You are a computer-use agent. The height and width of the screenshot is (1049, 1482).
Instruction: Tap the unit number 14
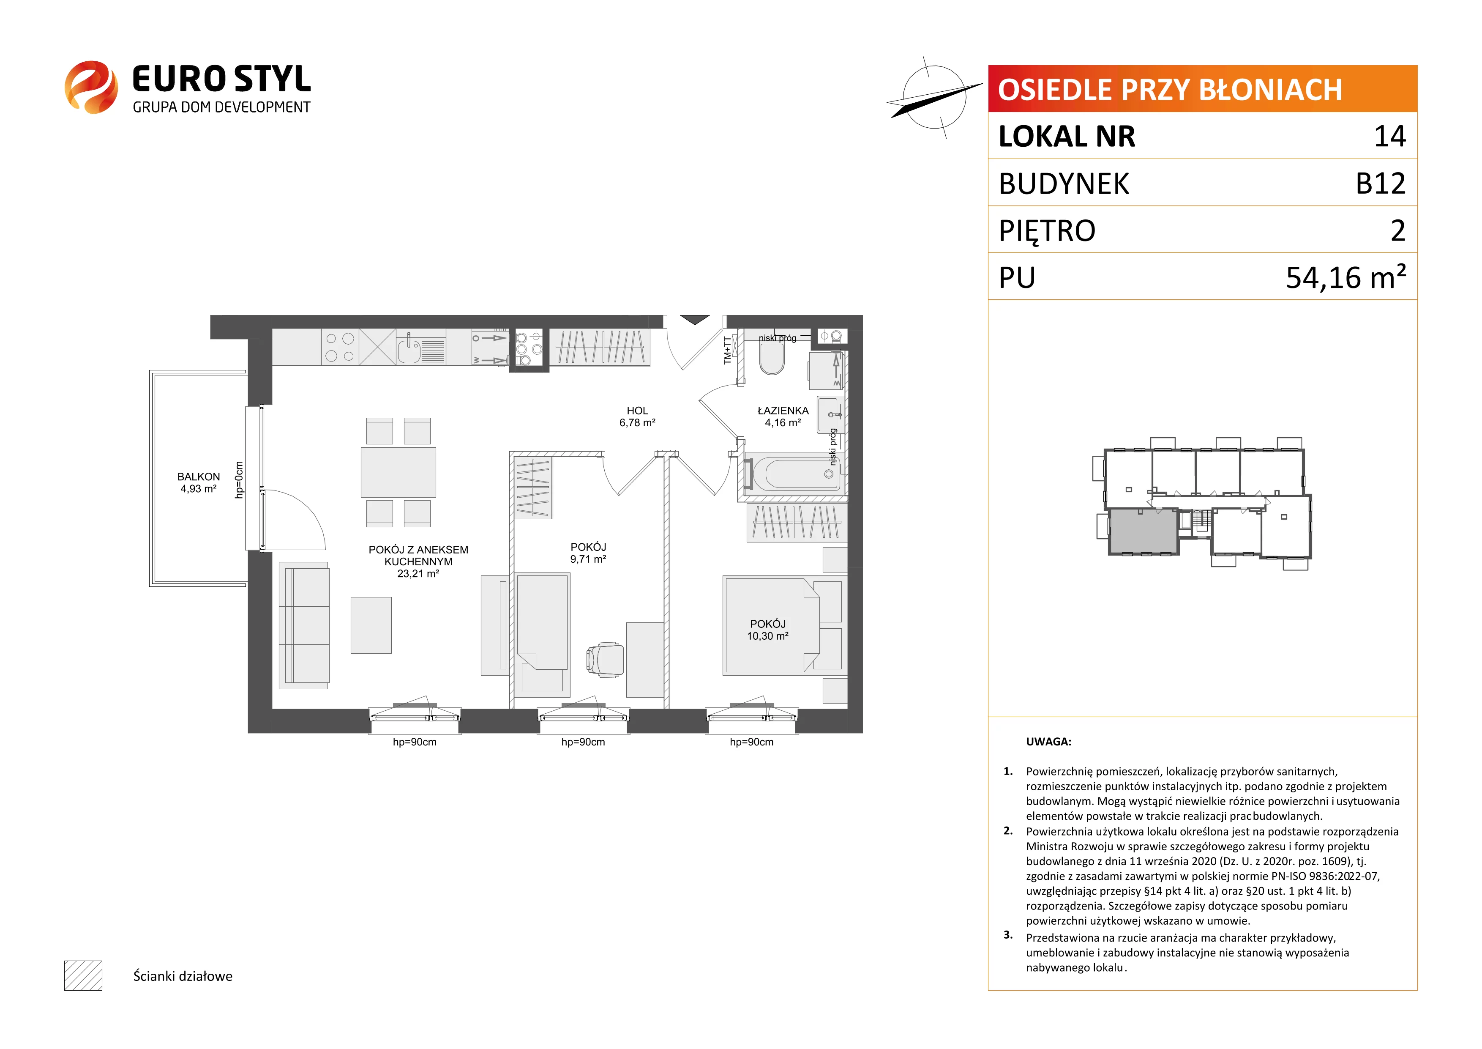(x=1390, y=136)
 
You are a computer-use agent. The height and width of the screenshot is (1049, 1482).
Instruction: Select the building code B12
(x=1381, y=184)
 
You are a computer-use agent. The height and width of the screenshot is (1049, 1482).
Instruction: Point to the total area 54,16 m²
(x=1346, y=277)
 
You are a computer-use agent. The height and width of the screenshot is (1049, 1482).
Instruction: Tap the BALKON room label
(x=198, y=477)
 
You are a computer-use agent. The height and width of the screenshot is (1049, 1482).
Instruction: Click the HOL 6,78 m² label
(x=637, y=416)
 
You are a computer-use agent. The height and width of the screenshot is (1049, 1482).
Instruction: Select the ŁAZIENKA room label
(x=783, y=411)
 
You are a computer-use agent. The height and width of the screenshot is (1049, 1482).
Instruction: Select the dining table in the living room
(x=398, y=472)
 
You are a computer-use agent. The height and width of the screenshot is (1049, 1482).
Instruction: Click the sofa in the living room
(x=303, y=625)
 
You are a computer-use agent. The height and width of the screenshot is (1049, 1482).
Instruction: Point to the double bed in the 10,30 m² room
(x=771, y=625)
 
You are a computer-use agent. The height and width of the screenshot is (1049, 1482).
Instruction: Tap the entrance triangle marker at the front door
(x=695, y=320)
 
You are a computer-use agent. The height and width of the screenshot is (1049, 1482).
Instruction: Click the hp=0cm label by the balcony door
(x=239, y=480)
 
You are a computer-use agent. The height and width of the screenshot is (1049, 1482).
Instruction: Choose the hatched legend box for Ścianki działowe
(x=83, y=975)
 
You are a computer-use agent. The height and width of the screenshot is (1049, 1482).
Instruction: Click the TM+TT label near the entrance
(x=727, y=350)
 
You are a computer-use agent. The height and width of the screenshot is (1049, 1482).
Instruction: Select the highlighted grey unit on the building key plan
(x=1144, y=531)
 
